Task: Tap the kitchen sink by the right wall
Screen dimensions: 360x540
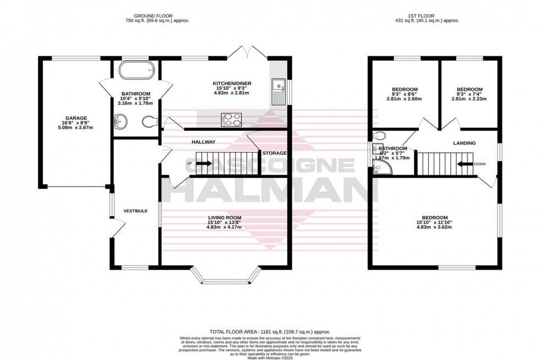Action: pos(278,92)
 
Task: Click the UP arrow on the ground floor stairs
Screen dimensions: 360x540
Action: pos(203,164)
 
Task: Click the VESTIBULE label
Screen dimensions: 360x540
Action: pos(134,211)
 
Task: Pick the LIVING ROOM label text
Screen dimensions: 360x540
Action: pos(224,218)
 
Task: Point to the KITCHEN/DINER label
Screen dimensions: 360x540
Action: pos(232,84)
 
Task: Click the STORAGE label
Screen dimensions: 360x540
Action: pos(274,153)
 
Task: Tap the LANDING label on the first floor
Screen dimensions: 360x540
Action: pos(464,143)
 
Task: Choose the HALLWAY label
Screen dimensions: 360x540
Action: pos(203,142)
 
